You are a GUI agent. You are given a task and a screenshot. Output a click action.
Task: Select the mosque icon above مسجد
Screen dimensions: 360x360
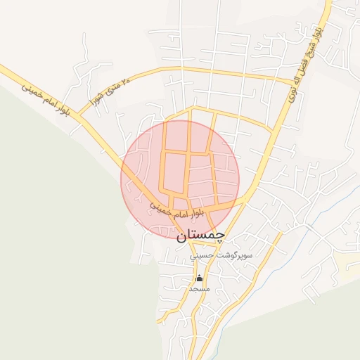[x=199, y=278]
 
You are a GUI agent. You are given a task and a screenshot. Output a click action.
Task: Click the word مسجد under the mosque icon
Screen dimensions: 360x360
[x=200, y=288]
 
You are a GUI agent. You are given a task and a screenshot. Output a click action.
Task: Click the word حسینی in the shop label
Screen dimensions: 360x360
[x=186, y=257]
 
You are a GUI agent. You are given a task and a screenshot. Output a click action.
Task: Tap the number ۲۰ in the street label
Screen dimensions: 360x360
[x=126, y=82]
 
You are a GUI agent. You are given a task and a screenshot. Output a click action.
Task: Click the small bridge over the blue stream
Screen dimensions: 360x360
[x=307, y=226]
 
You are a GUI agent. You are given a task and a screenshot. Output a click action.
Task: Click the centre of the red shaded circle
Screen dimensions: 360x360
[x=180, y=179]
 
